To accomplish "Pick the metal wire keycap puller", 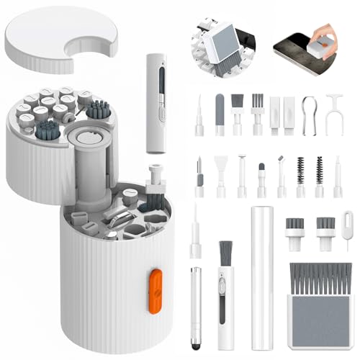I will point(308,115).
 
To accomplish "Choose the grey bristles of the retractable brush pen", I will point(225,253).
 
